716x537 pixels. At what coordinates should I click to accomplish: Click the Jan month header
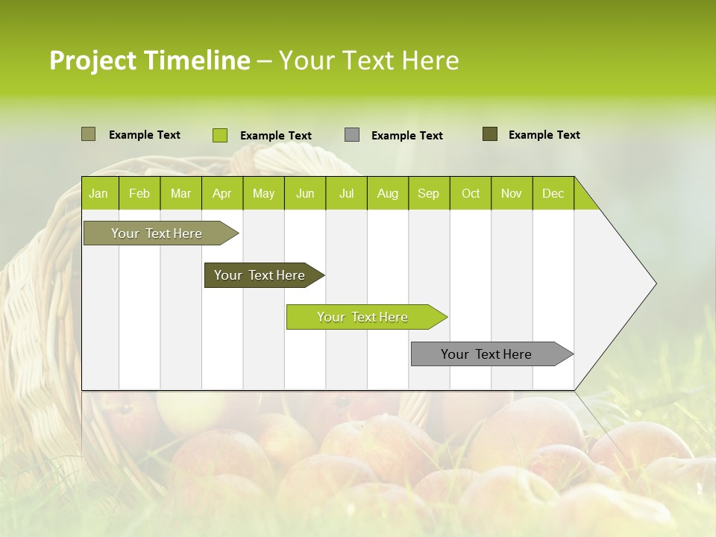pyautogui.click(x=99, y=193)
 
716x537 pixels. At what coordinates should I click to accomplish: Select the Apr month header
pyautogui.click(x=222, y=193)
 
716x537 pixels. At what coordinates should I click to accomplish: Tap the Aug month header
pyautogui.click(x=388, y=193)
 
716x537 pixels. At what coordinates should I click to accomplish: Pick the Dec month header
pyautogui.click(x=553, y=193)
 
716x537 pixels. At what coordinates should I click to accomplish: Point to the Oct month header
pyautogui.click(x=471, y=193)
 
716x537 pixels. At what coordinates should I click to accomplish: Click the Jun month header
pyautogui.click(x=305, y=193)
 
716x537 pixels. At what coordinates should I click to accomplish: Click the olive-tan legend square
pyautogui.click(x=88, y=134)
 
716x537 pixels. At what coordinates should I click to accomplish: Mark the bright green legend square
pyautogui.click(x=219, y=135)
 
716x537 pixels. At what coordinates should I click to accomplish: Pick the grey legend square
pyautogui.click(x=352, y=135)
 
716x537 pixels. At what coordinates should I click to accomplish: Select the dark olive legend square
pyautogui.click(x=490, y=134)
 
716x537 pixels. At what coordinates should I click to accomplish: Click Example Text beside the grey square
pyautogui.click(x=407, y=136)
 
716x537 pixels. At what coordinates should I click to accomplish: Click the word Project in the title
pyautogui.click(x=92, y=60)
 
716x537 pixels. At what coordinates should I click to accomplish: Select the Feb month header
pyautogui.click(x=139, y=193)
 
